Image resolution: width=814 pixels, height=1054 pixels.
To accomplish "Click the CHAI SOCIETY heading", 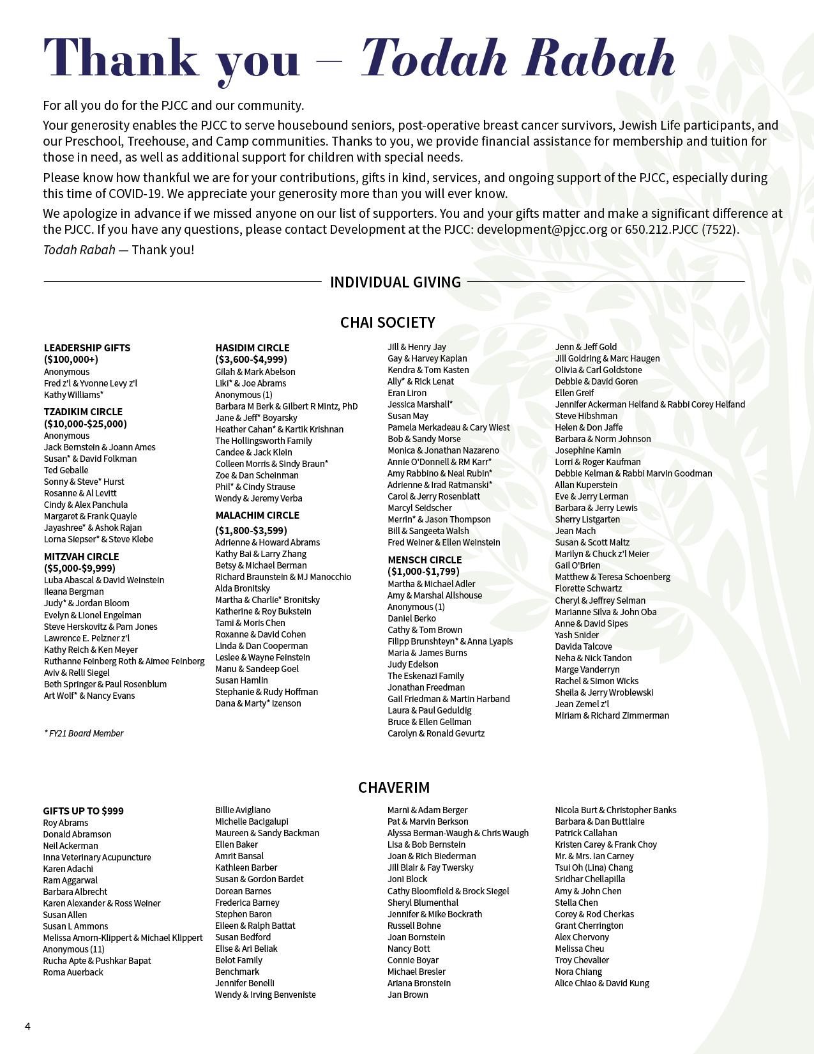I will point(388,322).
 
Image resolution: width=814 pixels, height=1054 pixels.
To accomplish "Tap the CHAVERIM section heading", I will point(394,787).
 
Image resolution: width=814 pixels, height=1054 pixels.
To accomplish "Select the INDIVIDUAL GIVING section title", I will point(395,282).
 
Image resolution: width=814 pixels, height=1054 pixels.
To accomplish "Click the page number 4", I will point(27,1026).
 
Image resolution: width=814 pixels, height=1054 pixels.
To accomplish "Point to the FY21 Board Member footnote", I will point(84,733).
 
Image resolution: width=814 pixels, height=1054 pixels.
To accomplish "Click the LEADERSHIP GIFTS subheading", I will point(87,348).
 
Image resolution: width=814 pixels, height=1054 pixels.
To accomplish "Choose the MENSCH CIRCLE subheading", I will point(425,560).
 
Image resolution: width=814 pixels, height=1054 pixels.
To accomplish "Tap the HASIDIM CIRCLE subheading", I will point(252,348).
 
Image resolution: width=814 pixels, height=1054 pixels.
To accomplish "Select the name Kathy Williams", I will point(73,395).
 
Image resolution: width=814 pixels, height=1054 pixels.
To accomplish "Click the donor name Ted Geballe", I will point(66,470).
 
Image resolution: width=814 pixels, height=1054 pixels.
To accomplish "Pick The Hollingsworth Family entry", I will point(264,441).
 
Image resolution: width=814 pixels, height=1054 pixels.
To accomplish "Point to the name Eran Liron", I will point(407,393).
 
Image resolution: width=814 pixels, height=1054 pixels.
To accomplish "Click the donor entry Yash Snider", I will point(577,635).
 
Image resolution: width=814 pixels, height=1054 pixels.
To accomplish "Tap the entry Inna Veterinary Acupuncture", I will point(97,857).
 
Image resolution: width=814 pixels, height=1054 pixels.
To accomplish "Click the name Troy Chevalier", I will point(582,960).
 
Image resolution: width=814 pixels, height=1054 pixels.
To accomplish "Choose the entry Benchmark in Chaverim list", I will point(237,972).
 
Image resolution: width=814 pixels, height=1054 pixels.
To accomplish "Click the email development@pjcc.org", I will point(542,229).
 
